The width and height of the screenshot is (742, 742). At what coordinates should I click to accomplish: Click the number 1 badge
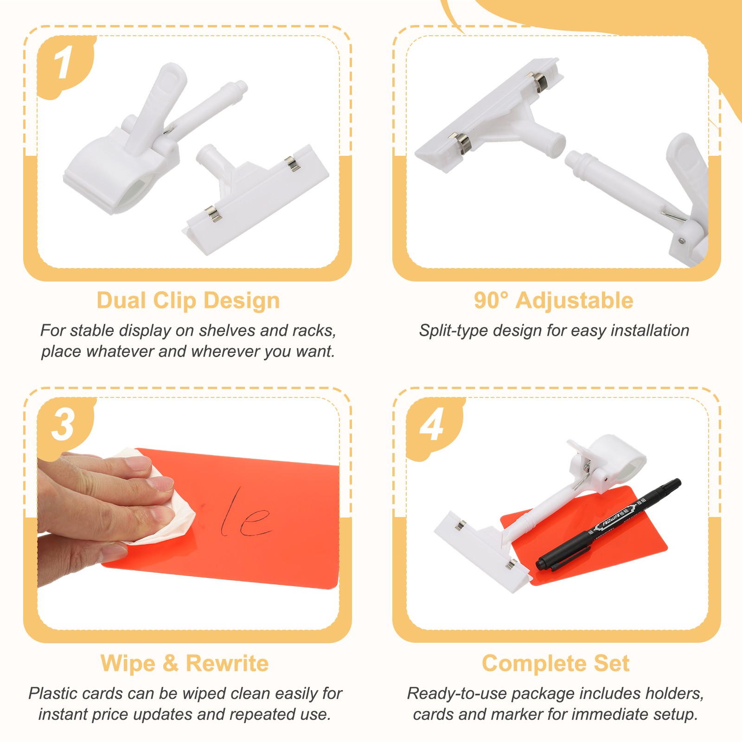click(65, 65)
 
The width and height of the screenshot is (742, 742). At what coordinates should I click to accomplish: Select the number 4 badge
click(433, 426)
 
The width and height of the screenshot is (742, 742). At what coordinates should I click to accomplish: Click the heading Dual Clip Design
click(188, 301)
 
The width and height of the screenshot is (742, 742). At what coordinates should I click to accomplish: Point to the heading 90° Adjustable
click(554, 301)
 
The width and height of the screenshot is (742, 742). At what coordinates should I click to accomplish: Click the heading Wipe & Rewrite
click(185, 663)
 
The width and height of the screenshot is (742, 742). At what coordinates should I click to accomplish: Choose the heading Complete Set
click(556, 663)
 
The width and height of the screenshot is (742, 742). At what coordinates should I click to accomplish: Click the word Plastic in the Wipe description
click(52, 693)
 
